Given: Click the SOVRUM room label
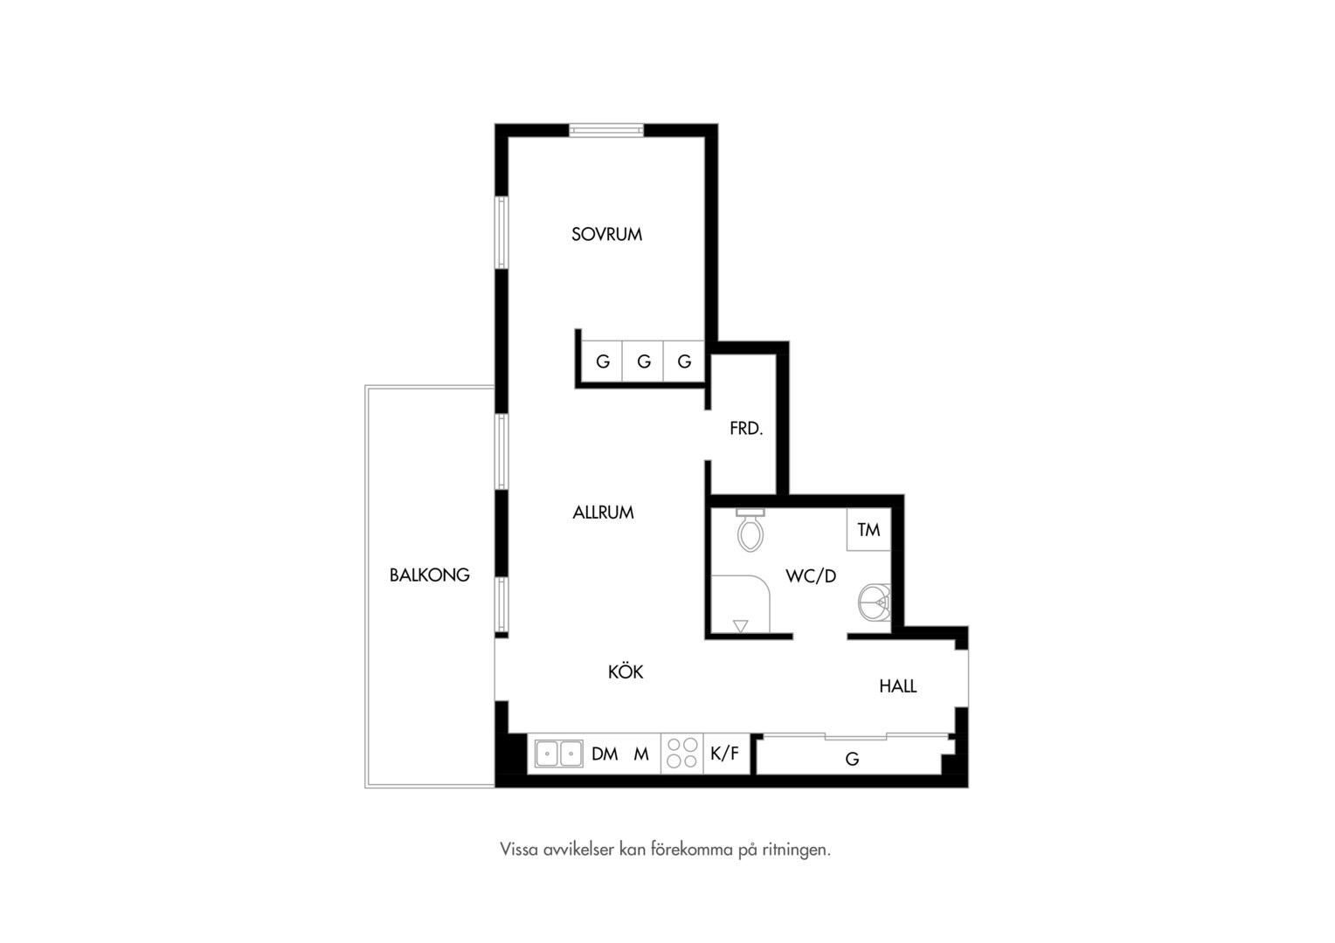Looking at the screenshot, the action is tap(606, 234).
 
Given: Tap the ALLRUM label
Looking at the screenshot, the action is tap(603, 513).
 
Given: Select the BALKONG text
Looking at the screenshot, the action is tap(429, 575).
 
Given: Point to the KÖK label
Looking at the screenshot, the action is tap(626, 671).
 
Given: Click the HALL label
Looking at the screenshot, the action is tap(897, 686).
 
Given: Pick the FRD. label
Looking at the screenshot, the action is tap(746, 429).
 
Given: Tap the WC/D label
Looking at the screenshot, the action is tap(811, 576).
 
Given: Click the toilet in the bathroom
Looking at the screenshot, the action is tap(751, 530).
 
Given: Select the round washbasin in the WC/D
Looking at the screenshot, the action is tap(875, 602).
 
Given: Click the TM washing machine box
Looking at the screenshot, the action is tap(869, 530).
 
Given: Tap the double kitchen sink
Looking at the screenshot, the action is tap(558, 754).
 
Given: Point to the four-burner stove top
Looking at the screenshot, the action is tap(681, 754).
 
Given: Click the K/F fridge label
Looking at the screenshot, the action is tap(724, 754).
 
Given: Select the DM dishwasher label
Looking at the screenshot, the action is tap(605, 754).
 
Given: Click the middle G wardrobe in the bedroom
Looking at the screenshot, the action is tap(643, 361).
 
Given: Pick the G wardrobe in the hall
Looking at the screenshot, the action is tap(852, 759).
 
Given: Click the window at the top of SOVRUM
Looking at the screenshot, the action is tap(606, 130).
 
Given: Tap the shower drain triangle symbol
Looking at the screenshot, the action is tap(740, 625).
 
